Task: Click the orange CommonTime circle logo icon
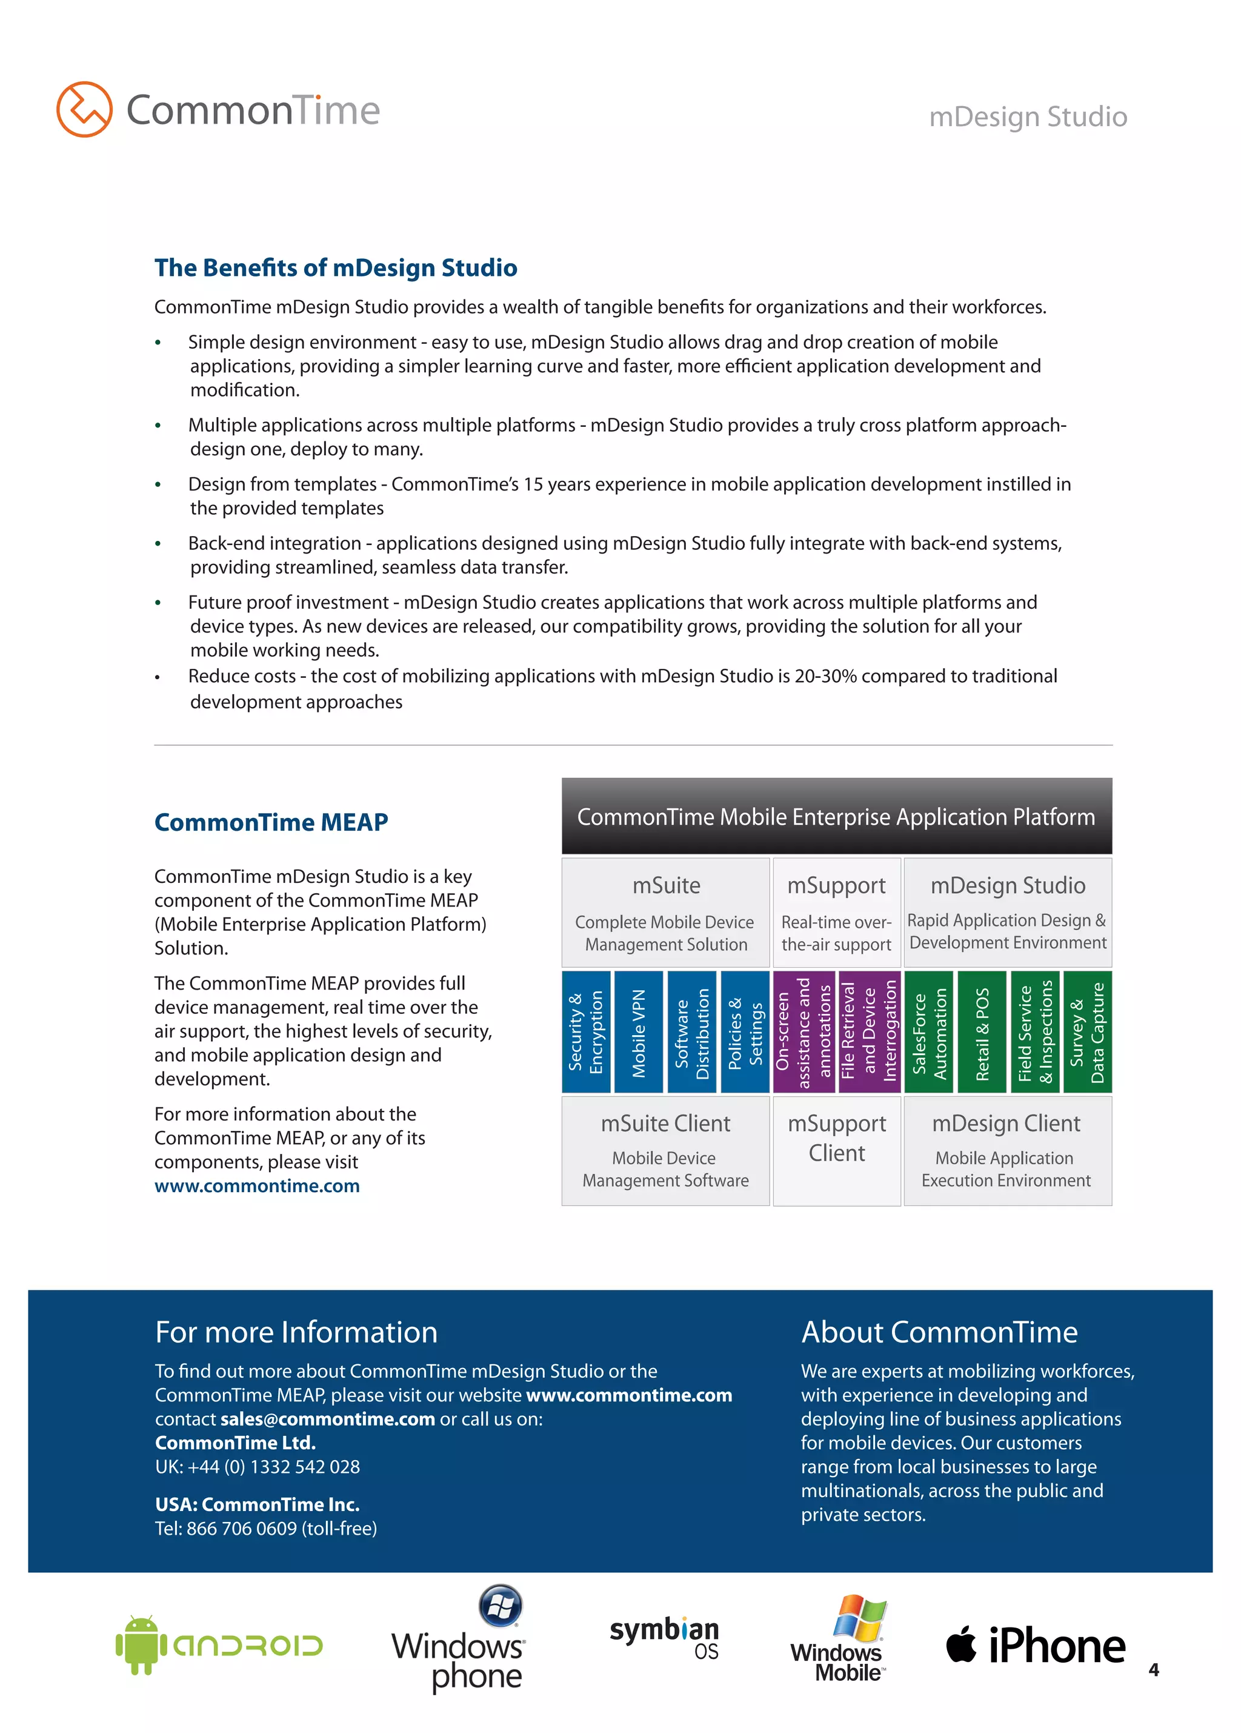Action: point(84,109)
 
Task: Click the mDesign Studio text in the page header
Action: point(1027,117)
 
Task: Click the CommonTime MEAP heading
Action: point(271,822)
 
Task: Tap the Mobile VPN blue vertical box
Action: point(639,1032)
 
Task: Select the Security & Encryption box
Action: point(586,1032)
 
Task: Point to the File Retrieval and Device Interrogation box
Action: point(869,1032)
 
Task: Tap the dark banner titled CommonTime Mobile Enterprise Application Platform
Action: point(836,816)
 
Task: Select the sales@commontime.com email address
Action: point(328,1419)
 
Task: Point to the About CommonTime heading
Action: point(939,1333)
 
